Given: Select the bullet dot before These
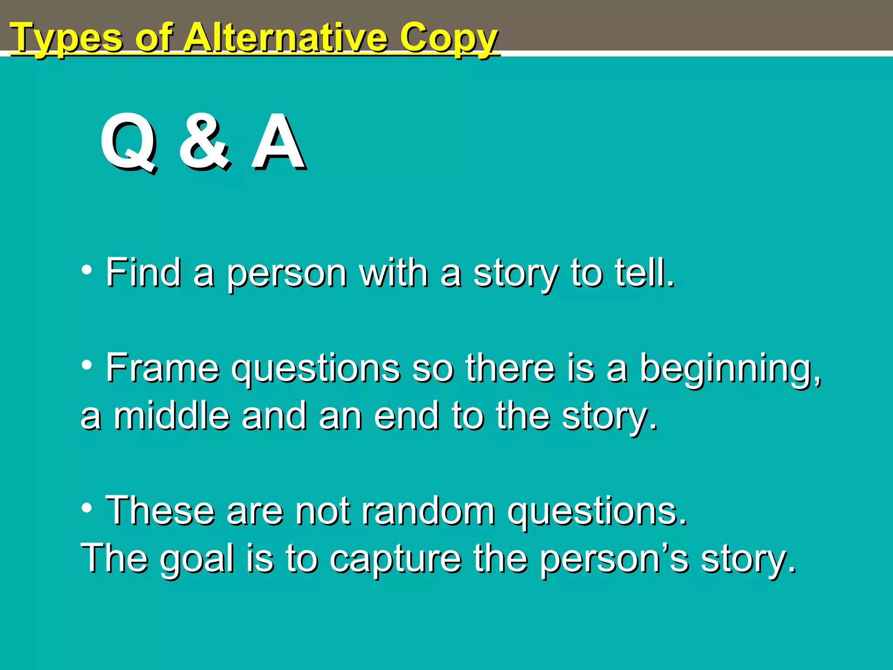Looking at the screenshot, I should [x=87, y=507].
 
